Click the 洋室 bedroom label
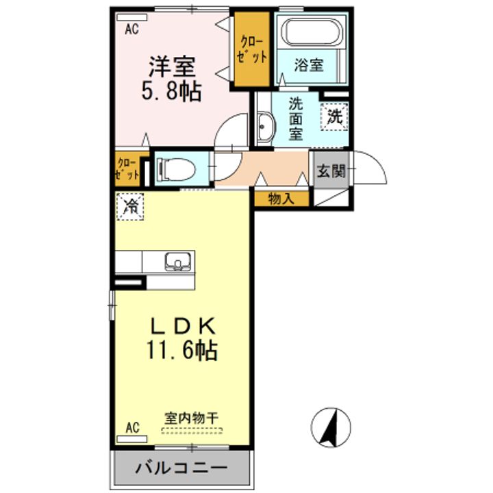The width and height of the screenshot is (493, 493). pos(173,66)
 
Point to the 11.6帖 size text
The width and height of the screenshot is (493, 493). pos(181,351)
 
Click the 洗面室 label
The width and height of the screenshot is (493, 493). pos(295,118)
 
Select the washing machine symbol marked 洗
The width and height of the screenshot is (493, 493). pos(334,116)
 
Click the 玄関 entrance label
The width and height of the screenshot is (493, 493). pos(330,170)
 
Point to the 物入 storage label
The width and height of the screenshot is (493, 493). pos(281,199)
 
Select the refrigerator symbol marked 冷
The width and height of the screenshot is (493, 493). pos(130,205)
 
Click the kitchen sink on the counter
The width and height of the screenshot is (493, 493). pos(178,262)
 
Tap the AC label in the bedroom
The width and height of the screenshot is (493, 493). pos(132,28)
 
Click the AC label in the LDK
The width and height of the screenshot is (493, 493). pos(132,428)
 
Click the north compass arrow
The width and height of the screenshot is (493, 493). pos(329,425)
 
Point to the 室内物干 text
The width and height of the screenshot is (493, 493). pos(192,417)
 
